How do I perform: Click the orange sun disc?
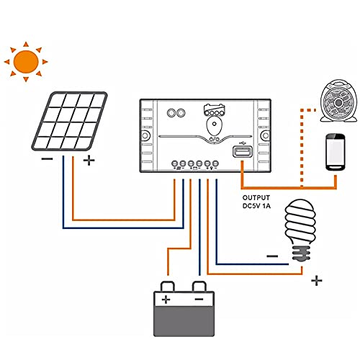coord(26,62)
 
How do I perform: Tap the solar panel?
coord(70,121)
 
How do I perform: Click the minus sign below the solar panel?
coord(47,159)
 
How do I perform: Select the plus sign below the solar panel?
coord(89,161)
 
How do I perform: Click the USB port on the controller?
coord(243,152)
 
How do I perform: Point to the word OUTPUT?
coord(256,198)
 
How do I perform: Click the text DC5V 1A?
coord(256,206)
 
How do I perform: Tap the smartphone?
coord(336,152)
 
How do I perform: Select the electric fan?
coord(338,102)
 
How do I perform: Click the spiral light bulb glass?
coord(300,222)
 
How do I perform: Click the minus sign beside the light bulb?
coord(272,256)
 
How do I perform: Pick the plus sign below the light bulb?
coord(317,280)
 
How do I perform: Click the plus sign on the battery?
coord(166,300)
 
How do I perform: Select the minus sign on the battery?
coord(199,299)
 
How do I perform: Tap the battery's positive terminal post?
coord(168,287)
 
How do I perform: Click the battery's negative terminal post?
coord(199,287)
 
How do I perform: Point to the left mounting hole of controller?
coord(145,135)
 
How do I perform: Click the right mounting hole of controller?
coord(266,135)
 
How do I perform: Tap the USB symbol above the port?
coord(243,143)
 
